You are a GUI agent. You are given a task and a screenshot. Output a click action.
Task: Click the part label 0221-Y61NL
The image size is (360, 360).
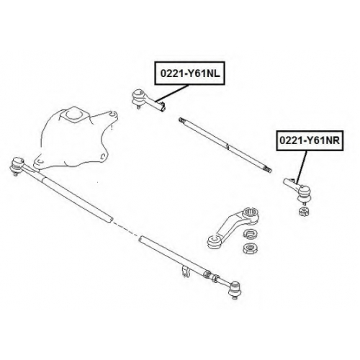pos(190,73)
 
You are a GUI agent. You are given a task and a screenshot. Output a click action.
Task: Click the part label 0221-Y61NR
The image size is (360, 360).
pos(310,140)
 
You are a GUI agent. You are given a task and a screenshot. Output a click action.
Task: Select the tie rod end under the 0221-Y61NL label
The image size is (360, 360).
pos(148,101)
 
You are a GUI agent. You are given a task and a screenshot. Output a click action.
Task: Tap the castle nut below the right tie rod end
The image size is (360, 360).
pos(305,212)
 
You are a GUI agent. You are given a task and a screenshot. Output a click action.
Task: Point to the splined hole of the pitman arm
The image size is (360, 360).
pos(251,212)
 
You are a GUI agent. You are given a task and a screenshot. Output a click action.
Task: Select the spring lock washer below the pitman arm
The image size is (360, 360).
pos(251,233)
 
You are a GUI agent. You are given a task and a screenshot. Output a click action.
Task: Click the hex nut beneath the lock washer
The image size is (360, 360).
pos(251,248)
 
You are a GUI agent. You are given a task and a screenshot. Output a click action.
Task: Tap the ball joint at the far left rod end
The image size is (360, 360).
pos(17,165)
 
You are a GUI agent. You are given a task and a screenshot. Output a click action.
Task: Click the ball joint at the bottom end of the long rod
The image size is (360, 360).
pos(234,290)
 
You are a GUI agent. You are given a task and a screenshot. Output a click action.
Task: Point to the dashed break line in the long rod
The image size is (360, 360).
pos(125,229)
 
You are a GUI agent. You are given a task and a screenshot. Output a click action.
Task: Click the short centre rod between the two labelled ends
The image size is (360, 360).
pos(225,145)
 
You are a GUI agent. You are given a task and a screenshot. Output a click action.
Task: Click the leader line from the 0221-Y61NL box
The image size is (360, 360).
pos(171,93)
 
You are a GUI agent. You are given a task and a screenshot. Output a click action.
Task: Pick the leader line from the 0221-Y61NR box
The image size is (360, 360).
pos(301,167)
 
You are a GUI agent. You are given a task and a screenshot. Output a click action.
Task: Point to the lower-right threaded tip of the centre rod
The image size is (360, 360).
pos(268,170)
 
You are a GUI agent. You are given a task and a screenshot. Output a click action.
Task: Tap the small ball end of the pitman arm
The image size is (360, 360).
pos(214,242)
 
